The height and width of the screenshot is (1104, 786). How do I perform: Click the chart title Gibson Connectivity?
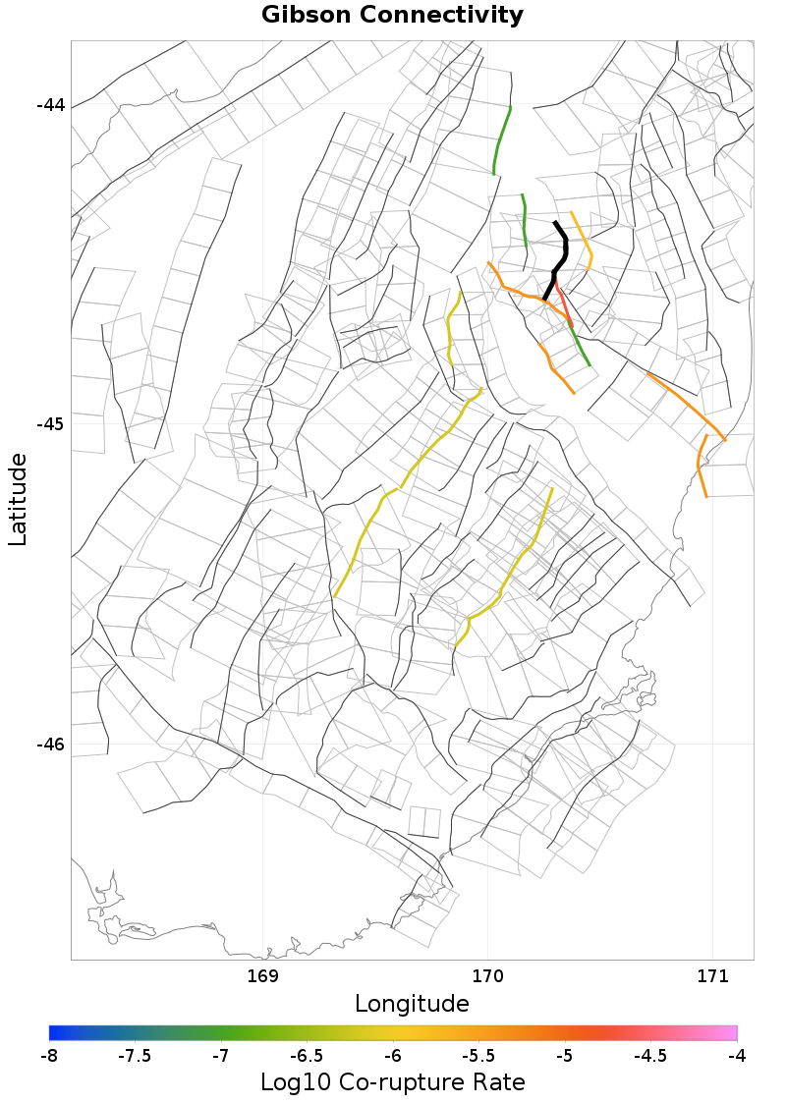point(392,16)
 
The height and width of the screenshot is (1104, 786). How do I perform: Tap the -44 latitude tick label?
point(50,105)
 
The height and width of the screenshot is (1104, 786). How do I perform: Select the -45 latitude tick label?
point(50,424)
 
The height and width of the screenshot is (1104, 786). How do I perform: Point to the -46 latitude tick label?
point(50,744)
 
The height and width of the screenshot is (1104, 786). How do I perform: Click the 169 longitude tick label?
point(263,975)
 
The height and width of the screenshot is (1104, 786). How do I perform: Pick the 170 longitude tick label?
point(487,975)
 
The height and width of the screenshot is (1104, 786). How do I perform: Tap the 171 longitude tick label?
point(711,975)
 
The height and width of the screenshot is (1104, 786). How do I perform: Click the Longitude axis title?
point(412,1003)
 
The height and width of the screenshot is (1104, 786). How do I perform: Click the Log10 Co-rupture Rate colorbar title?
point(392,1082)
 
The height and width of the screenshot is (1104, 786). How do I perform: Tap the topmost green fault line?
point(501,139)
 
